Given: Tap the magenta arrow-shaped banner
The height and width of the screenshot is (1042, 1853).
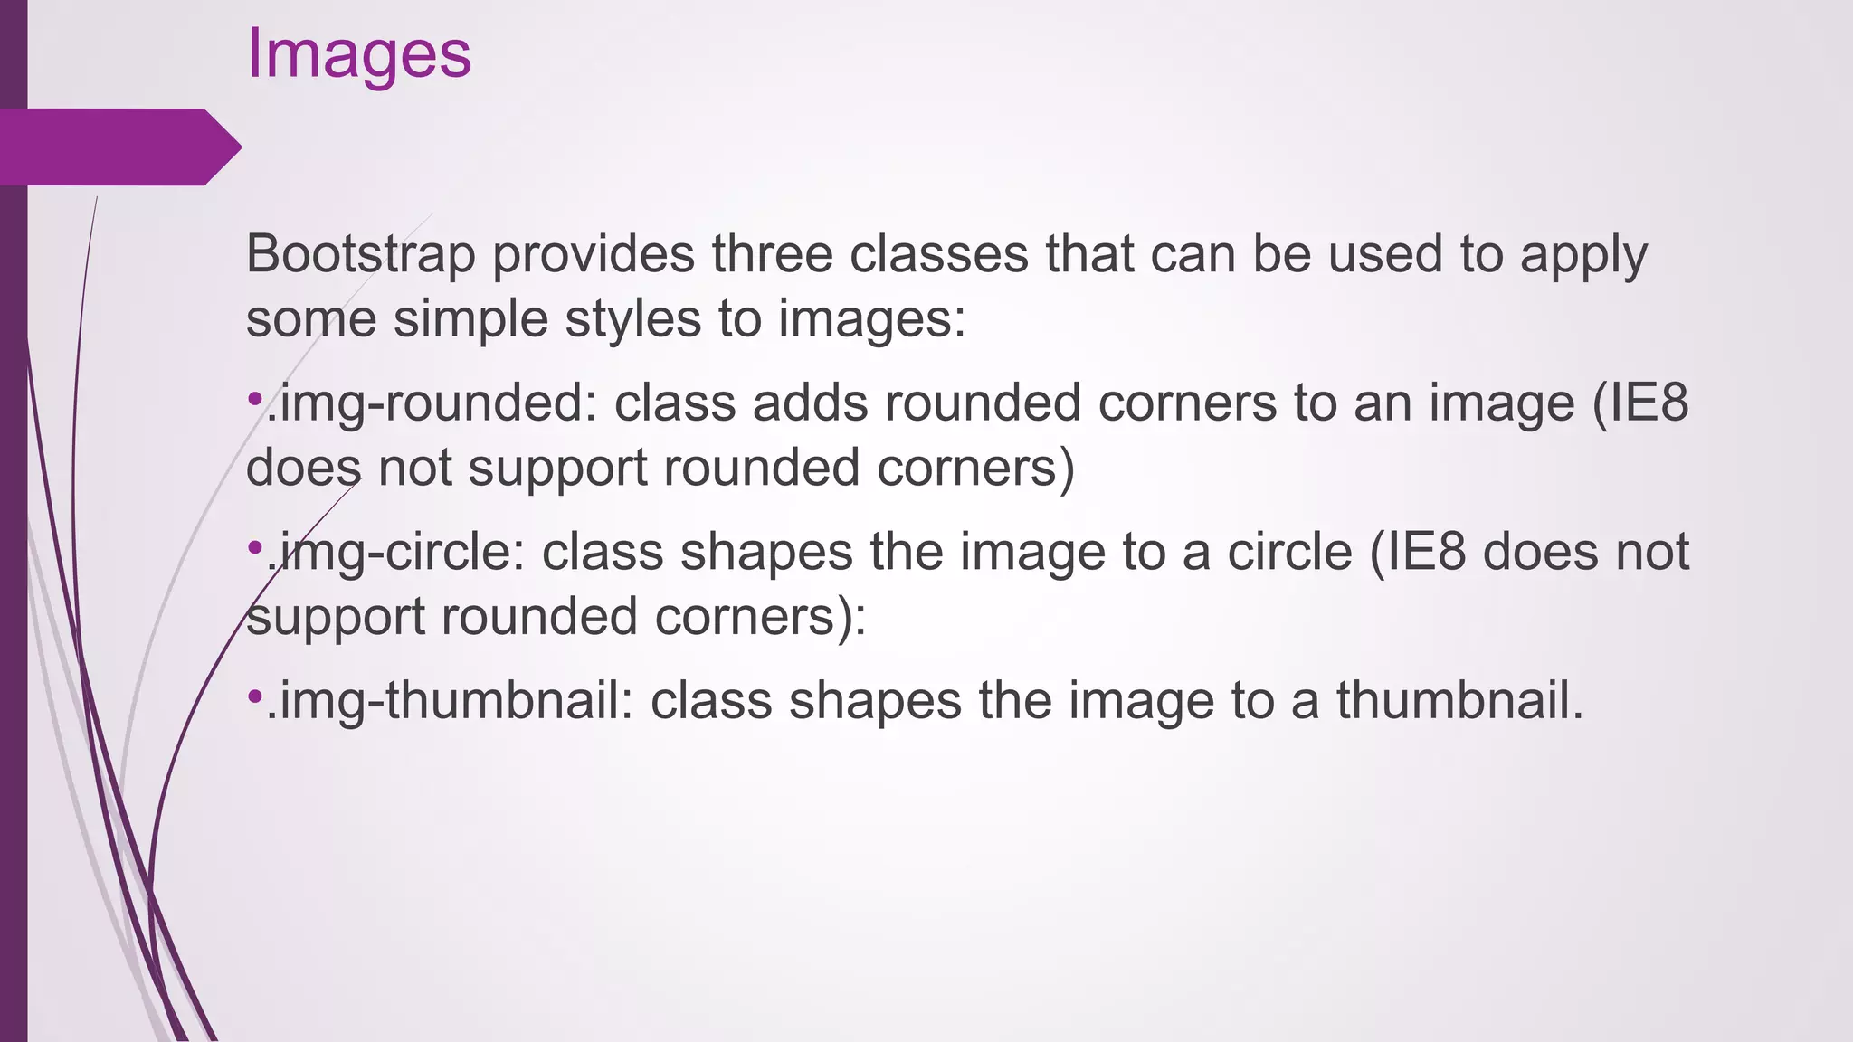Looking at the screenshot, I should [x=118, y=147].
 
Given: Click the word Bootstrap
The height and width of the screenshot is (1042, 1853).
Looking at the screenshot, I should [x=360, y=254].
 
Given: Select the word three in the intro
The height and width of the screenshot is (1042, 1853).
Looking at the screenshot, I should [x=771, y=254].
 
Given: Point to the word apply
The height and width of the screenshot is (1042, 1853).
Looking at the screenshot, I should [x=1583, y=254].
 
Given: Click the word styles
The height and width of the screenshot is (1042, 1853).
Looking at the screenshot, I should [x=632, y=319].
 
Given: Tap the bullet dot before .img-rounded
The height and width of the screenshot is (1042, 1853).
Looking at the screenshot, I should [x=254, y=398].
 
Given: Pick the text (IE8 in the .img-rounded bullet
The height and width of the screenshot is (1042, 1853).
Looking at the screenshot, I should [x=1639, y=403].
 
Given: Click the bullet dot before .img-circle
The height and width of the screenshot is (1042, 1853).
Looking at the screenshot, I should [x=254, y=546].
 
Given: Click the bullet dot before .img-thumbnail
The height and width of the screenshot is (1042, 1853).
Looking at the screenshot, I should [x=254, y=696].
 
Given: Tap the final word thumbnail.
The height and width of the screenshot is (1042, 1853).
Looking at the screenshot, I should [x=1459, y=700].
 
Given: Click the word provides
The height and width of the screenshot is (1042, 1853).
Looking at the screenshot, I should [x=594, y=254].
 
